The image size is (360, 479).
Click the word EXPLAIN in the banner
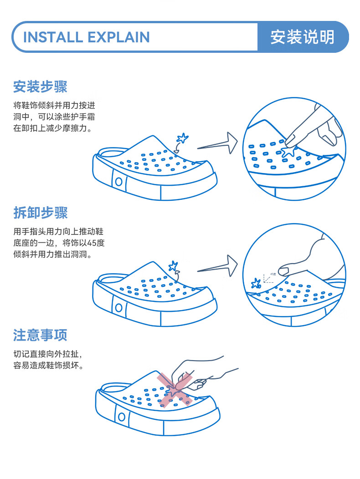tap(118, 37)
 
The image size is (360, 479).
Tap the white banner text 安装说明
tap(302, 37)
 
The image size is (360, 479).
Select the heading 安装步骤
tap(40, 87)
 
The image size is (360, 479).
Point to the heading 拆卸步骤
tap(41, 212)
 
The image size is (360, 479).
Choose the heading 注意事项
tap(40, 335)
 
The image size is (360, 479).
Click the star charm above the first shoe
tap(182, 138)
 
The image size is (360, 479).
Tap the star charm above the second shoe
tap(174, 266)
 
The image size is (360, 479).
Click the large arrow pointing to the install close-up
tap(218, 143)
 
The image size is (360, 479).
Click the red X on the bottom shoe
tap(175, 390)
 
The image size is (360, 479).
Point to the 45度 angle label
tap(273, 274)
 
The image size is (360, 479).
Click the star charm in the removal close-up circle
tap(256, 284)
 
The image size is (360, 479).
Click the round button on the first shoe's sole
tap(118, 182)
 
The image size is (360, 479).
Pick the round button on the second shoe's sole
tap(118, 308)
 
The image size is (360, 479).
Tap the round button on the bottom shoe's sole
tap(122, 417)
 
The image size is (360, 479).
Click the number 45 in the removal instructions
tap(92, 243)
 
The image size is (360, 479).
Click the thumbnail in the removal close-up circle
tap(283, 271)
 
